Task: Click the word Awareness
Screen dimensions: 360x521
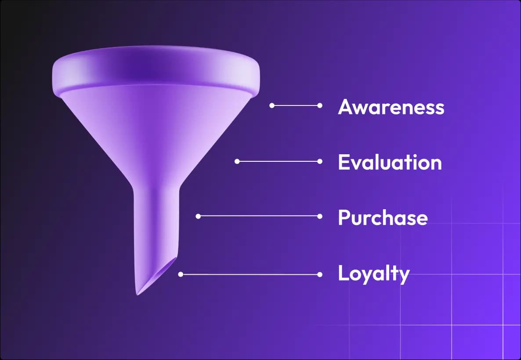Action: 391,107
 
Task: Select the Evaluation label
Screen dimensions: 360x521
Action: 390,163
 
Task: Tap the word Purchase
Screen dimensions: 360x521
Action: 383,218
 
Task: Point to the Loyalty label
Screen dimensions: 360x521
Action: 373,274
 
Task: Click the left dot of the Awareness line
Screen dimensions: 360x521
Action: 272,105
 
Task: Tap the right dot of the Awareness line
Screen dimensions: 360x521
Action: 320,105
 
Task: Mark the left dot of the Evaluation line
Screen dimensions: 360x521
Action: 237,161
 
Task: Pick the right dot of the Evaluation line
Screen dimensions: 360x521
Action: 320,161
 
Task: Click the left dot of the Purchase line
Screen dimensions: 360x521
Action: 198,216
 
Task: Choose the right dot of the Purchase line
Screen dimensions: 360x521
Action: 320,216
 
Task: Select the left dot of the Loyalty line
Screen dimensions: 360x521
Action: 181,274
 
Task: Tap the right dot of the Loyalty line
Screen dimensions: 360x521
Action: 320,274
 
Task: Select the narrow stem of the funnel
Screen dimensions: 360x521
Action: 156,220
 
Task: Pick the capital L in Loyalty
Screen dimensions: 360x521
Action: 343,273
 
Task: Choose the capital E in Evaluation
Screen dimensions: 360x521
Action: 344,163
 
